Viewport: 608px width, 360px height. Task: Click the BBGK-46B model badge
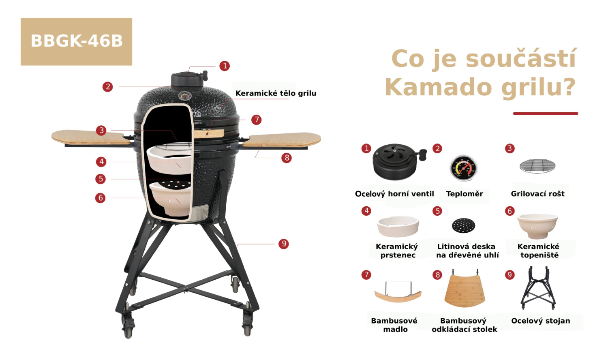[76, 41]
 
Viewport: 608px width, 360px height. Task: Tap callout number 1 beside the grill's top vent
[225, 66]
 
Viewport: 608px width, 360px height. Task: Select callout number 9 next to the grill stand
[284, 244]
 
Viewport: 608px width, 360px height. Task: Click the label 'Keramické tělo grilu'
[276, 93]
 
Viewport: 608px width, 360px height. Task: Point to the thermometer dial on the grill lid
[185, 96]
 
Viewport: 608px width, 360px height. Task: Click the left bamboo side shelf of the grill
[91, 137]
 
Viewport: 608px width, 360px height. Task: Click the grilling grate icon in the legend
[537, 166]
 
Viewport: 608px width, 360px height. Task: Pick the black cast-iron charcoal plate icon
[464, 225]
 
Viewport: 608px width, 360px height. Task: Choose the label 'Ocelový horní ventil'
[394, 193]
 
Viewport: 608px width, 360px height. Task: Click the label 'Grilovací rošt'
[538, 193]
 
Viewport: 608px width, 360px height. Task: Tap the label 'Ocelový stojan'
[541, 321]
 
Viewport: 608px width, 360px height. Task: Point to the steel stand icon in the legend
[538, 288]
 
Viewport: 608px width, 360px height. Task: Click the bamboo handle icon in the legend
[398, 292]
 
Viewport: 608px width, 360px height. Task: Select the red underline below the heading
[546, 114]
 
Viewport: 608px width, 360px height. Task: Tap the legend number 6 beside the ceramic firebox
[510, 211]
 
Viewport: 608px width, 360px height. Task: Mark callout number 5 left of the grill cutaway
[101, 179]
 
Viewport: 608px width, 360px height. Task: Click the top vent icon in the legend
[397, 161]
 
